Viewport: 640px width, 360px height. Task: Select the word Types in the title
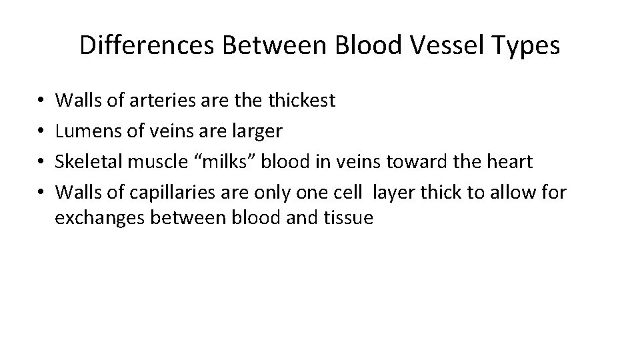click(527, 45)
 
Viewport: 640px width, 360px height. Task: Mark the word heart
click(511, 162)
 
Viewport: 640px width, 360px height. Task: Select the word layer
click(393, 193)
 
